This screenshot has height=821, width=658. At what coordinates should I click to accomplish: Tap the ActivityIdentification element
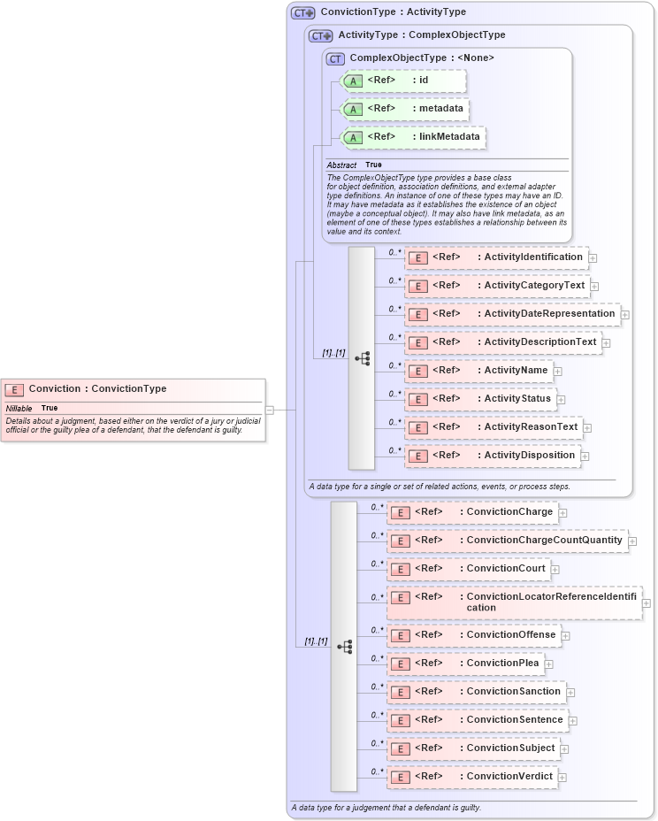(x=495, y=257)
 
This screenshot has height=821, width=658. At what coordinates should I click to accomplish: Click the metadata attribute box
(x=403, y=109)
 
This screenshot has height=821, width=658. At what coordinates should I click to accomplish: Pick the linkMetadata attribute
(x=412, y=137)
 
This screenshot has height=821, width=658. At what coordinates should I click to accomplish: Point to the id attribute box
(x=402, y=81)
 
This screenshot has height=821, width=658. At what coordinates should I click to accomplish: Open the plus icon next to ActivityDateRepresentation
(x=625, y=314)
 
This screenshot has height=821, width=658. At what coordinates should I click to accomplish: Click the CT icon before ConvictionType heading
(x=303, y=12)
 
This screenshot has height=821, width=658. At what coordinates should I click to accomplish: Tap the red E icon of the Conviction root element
(x=14, y=389)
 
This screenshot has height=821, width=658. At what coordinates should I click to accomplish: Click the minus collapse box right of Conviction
(x=270, y=410)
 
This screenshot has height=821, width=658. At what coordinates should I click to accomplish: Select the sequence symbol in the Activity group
(x=362, y=358)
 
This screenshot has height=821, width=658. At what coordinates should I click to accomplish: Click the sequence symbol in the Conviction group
(x=344, y=647)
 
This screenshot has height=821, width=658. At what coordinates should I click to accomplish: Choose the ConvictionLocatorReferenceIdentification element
(x=514, y=602)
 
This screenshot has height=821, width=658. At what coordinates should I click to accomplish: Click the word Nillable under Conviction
(x=19, y=408)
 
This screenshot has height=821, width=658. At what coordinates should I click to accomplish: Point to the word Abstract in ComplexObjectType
(x=341, y=165)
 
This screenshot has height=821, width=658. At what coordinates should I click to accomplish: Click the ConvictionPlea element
(x=465, y=664)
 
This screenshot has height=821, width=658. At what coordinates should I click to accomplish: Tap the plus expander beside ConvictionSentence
(x=573, y=721)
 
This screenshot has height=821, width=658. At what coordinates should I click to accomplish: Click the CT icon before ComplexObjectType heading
(x=335, y=58)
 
